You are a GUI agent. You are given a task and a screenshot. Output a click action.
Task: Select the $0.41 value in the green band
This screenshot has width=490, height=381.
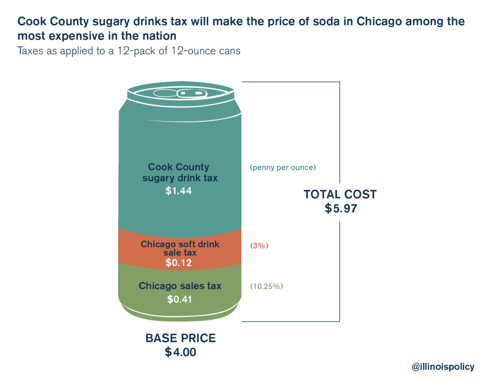point(180,300)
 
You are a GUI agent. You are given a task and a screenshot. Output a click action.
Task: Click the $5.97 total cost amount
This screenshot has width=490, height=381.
point(341,208)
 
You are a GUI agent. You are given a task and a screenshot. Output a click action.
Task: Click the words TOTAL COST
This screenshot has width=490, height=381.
point(340,194)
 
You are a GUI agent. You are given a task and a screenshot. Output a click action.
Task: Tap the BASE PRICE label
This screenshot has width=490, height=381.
point(180,338)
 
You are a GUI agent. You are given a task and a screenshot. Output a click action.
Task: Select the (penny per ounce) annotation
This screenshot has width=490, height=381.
point(283,168)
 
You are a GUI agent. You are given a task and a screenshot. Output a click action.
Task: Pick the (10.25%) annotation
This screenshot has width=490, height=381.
point(267,286)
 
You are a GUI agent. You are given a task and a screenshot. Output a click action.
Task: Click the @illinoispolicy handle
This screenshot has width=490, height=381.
point(443,367)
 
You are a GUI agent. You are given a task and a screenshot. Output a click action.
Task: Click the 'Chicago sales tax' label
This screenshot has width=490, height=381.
point(180,286)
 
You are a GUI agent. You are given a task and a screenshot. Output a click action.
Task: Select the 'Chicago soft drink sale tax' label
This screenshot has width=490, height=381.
point(180,248)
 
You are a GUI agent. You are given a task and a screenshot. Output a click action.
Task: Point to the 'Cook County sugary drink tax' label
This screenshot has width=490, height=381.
point(178,173)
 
